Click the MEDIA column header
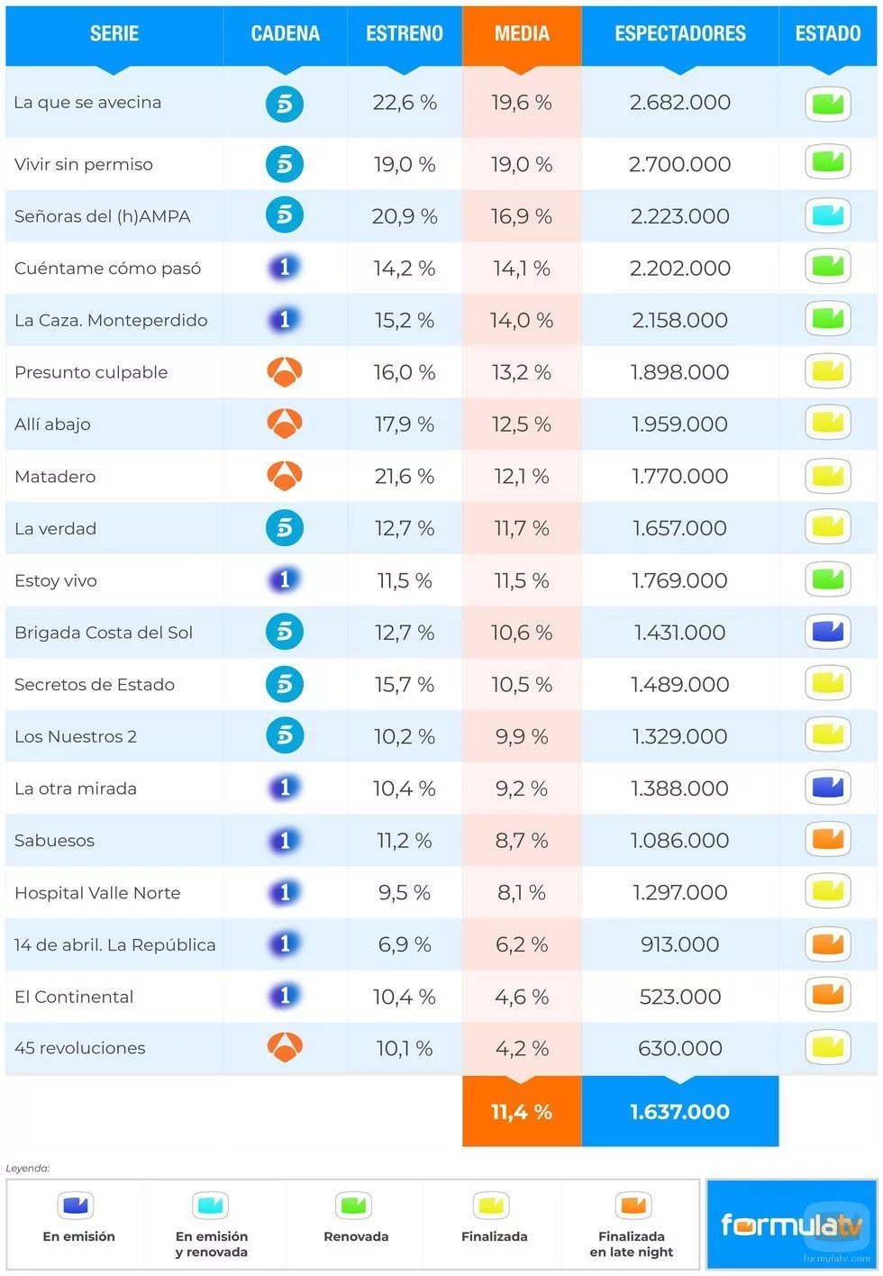click(x=522, y=34)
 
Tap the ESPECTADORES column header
click(x=680, y=34)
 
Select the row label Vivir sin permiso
click(x=84, y=165)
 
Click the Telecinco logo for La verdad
click(x=285, y=528)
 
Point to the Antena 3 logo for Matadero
click(x=285, y=476)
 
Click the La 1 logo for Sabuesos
click(x=285, y=841)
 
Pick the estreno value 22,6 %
click(x=405, y=103)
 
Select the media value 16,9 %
click(x=522, y=217)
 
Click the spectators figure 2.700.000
click(x=680, y=165)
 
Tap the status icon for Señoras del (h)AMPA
click(x=827, y=216)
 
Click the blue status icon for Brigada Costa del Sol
click(x=827, y=633)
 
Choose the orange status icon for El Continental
click(x=827, y=996)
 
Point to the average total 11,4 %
click(x=522, y=1112)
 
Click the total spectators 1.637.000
click(x=680, y=1112)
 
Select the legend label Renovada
click(x=356, y=1236)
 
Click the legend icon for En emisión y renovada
click(x=211, y=1205)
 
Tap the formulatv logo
click(x=791, y=1225)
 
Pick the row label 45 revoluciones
click(x=80, y=1048)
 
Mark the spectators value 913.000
click(x=680, y=944)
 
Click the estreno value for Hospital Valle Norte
click(x=405, y=893)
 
